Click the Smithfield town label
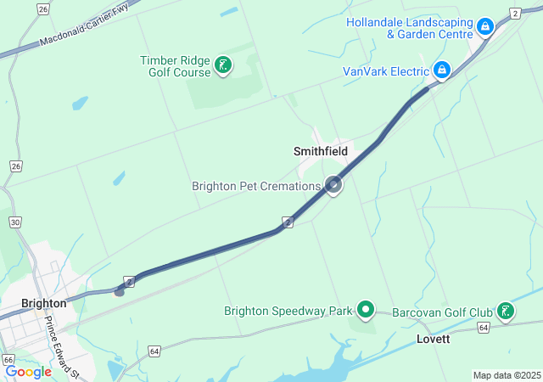coord(321,151)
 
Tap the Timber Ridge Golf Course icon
coord(223,65)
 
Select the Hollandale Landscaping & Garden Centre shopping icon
coord(484,28)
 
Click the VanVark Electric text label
coord(386,71)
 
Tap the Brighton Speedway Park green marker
coord(366,310)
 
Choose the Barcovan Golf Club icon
coord(506,311)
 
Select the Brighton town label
coord(44,303)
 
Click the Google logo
coord(28,372)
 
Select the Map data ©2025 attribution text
coord(507,375)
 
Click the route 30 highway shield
coord(14,222)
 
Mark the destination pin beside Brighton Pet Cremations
coord(334,184)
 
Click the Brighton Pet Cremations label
coord(256,186)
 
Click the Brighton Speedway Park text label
coord(288,311)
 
